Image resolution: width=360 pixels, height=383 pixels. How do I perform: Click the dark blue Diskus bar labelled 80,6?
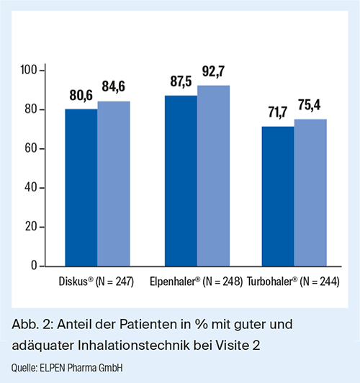pyautogui.click(x=81, y=188)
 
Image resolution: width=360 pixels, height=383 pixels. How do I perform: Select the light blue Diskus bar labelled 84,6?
pyautogui.click(x=114, y=184)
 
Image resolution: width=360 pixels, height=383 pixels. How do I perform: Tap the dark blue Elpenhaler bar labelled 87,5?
pyautogui.click(x=181, y=181)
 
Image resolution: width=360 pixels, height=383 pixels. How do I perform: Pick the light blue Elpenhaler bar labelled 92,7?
pyautogui.click(x=213, y=176)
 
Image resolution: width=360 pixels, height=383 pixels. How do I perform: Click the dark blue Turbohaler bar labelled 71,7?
pyautogui.click(x=278, y=197)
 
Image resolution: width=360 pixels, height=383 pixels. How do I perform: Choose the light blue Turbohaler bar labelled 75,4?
pyautogui.click(x=310, y=193)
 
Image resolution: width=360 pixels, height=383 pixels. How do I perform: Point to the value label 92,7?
pyautogui.click(x=213, y=72)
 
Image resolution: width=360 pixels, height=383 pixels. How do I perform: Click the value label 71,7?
pyautogui.click(x=278, y=112)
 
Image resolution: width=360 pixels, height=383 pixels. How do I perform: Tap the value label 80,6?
pyautogui.click(x=81, y=95)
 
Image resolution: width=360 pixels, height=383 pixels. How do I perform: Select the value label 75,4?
pyautogui.click(x=309, y=105)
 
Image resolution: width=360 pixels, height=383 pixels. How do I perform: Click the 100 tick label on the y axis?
pyautogui.click(x=29, y=70)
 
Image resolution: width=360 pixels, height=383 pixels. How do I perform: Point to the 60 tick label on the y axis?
pyautogui.click(x=31, y=148)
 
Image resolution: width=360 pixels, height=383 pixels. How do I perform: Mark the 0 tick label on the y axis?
pyautogui.click(x=34, y=266)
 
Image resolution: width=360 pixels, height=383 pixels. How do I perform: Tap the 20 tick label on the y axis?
pyautogui.click(x=31, y=227)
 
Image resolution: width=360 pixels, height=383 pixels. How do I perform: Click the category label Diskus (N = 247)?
pyautogui.click(x=96, y=281)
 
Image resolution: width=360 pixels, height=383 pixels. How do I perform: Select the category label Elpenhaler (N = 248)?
pyautogui.click(x=196, y=281)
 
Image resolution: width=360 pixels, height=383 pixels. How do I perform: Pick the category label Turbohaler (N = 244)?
pyautogui.click(x=293, y=281)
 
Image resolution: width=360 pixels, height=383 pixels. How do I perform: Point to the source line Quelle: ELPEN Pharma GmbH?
pyautogui.click(x=67, y=368)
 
